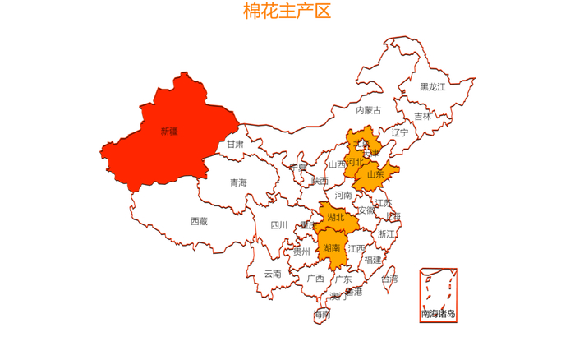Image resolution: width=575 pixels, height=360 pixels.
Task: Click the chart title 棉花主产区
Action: pos(287,12)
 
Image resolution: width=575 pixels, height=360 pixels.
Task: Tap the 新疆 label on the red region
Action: pos(168,131)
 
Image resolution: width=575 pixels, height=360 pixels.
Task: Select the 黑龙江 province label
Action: pos(432,86)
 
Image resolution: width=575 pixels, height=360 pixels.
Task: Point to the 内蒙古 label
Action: pos(368,110)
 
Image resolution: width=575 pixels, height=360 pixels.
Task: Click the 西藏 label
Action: pos(199,221)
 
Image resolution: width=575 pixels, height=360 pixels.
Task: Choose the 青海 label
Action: pos(238,182)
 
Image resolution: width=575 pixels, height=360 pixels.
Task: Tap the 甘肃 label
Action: pos(235,144)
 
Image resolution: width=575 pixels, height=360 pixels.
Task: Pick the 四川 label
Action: pos(279,225)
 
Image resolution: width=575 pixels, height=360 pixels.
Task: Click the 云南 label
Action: pos(273,274)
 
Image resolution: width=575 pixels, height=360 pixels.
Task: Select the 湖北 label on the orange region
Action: pos(336,218)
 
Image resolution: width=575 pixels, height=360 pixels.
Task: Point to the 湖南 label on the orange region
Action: pos(332,247)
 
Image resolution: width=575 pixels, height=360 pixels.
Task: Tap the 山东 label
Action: pos(375,174)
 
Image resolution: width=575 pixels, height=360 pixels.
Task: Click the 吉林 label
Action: pos(422,117)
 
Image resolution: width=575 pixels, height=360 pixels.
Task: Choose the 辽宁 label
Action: pos(399,132)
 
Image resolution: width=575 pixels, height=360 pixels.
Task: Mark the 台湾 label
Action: pos(389,279)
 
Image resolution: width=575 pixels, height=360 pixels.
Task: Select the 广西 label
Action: pos(315,279)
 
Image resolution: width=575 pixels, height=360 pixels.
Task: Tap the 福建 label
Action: pos(373,260)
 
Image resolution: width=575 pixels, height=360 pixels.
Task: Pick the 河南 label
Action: pos(343,195)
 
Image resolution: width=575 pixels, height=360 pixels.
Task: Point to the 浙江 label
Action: pos(386,234)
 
